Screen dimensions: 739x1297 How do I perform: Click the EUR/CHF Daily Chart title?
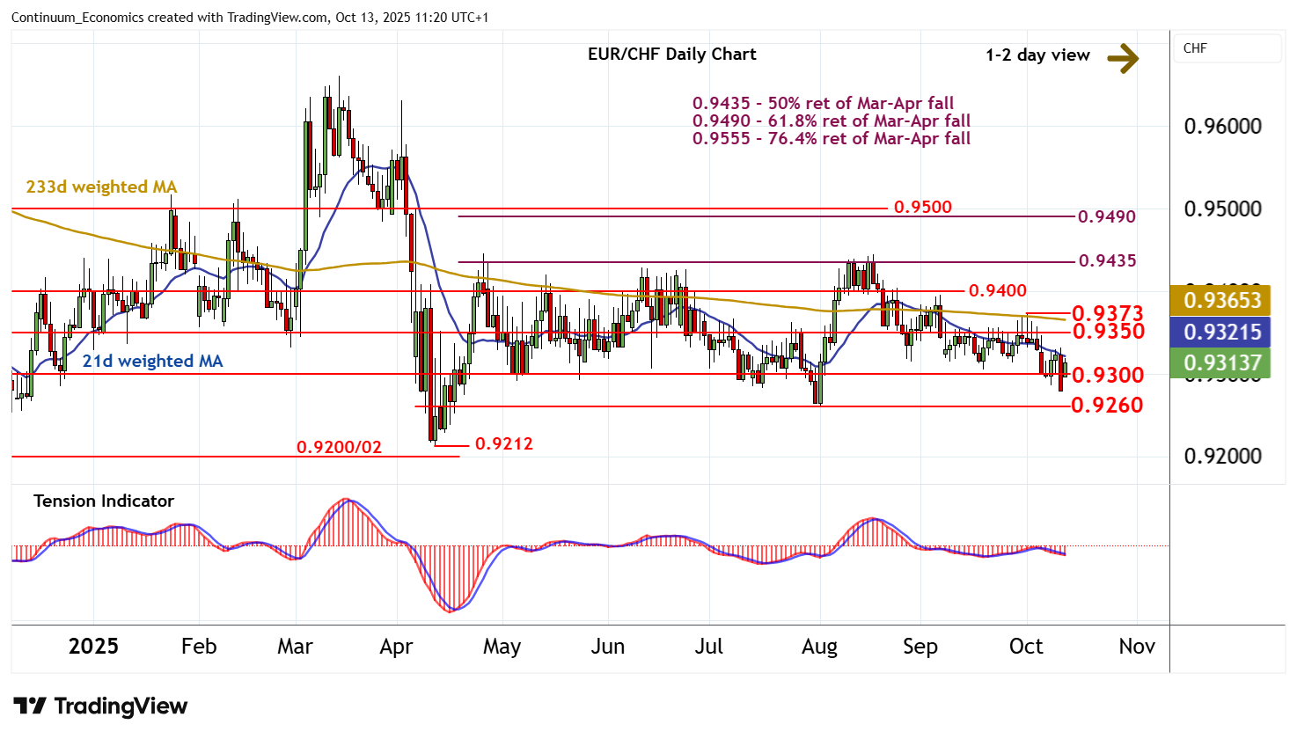coord(671,55)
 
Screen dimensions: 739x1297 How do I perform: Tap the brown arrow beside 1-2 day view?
coord(1123,58)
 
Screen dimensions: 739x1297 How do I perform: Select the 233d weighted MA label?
coord(101,187)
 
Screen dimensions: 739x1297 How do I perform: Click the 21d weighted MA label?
coord(152,362)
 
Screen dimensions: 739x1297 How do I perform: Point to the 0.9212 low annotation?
coord(503,444)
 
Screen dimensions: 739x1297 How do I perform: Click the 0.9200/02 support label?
coord(339,448)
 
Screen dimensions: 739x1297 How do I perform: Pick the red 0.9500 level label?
coord(922,208)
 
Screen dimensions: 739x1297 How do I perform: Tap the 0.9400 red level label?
coord(997,291)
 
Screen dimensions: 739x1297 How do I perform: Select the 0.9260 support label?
coord(1107,406)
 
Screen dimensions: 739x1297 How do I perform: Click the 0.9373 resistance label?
coord(1107,313)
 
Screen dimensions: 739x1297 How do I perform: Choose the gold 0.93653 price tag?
coord(1222,301)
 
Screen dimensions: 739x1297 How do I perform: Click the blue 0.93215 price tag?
coord(1222,333)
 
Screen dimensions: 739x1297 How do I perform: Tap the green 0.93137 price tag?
coord(1222,363)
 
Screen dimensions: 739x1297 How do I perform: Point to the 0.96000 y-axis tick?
coord(1222,127)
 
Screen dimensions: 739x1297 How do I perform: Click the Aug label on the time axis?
coord(819,647)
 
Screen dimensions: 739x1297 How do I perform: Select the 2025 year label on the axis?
coord(93,647)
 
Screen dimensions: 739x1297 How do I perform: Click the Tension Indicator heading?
coord(104,501)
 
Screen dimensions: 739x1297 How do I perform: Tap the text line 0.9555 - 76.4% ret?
coord(831,139)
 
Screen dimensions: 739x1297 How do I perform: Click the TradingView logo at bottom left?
coord(100,706)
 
